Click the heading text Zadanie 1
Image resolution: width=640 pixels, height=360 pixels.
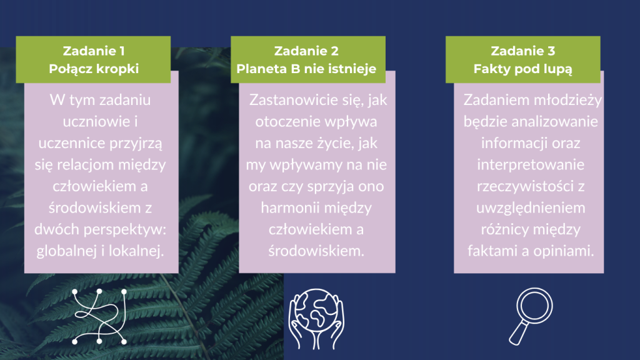[94, 51]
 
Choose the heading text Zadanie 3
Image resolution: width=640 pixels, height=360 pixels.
[522, 51]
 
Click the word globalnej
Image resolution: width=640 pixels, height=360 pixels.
[66, 251]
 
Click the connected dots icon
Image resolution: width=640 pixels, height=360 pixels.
[99, 317]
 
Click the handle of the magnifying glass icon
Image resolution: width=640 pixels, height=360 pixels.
[518, 332]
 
